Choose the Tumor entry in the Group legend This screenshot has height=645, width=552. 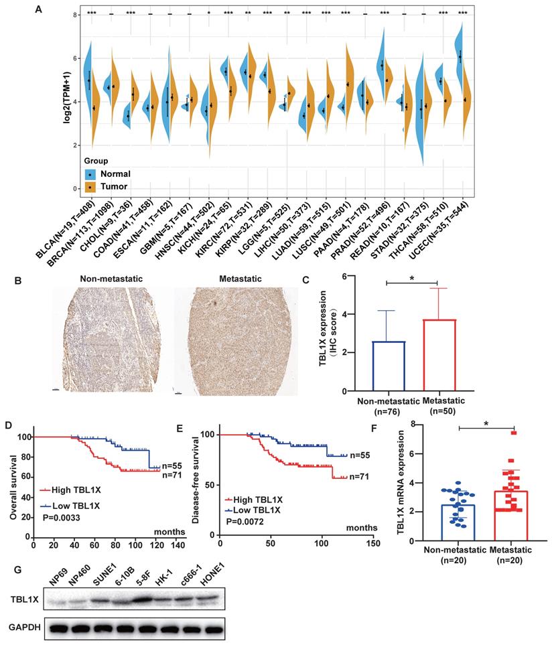(107, 188)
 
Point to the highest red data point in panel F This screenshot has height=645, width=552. (514, 433)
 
